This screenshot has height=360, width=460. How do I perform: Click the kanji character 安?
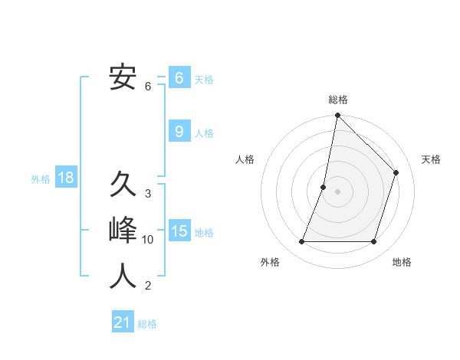click(123, 77)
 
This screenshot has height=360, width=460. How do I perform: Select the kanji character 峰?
click(123, 231)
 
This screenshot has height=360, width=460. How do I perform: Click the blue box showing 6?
click(179, 78)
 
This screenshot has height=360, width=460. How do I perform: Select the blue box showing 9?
click(179, 132)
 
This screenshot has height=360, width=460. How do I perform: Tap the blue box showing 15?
click(179, 231)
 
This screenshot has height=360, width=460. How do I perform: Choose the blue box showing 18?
click(66, 178)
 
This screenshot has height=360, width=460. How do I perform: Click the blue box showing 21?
click(122, 322)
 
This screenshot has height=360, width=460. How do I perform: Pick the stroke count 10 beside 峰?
click(148, 240)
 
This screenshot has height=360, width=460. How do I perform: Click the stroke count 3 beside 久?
click(148, 194)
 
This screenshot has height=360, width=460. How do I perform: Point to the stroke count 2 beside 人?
click(148, 286)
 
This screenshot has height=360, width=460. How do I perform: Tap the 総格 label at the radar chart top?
click(338, 100)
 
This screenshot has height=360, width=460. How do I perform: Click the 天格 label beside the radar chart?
click(432, 159)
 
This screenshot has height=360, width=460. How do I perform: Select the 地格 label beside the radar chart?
click(402, 262)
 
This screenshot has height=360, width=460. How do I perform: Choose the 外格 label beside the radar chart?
click(270, 262)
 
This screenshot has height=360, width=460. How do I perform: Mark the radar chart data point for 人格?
click(324, 187)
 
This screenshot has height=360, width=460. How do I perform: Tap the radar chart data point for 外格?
click(302, 242)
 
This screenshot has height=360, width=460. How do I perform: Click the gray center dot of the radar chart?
click(338, 191)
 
